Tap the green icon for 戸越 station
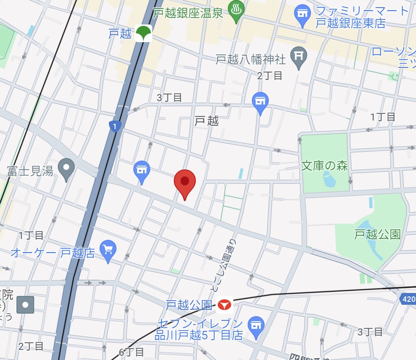(x=143, y=34)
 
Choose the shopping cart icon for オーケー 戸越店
(x=108, y=250)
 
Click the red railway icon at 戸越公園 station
(x=224, y=304)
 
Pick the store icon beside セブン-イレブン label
(x=255, y=326)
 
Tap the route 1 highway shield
(x=115, y=126)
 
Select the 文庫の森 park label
(x=324, y=166)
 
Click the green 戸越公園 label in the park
(x=377, y=234)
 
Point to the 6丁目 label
(x=132, y=352)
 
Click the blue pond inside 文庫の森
(x=329, y=180)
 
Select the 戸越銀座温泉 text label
(x=188, y=13)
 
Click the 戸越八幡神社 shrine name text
(x=251, y=59)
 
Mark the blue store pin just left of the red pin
(x=142, y=170)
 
